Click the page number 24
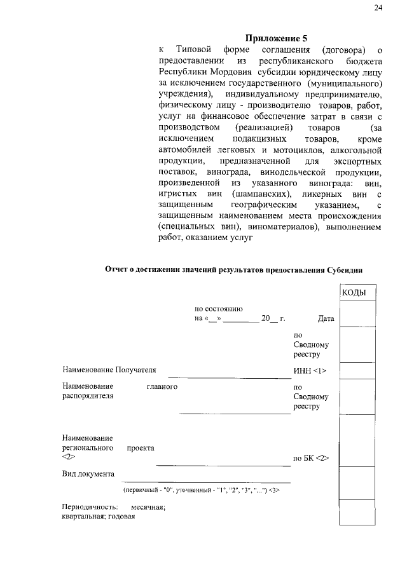pyautogui.click(x=378, y=8)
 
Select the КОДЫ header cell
pyautogui.click(x=356, y=292)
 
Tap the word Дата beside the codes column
pyautogui.click(x=326, y=319)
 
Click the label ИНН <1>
pyautogui.click(x=310, y=369)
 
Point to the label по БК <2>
pyautogui.click(x=310, y=458)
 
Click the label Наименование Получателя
pyautogui.click(x=109, y=369)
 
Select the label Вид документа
pyautogui.click(x=88, y=473)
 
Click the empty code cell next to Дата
pyautogui.click(x=356, y=314)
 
